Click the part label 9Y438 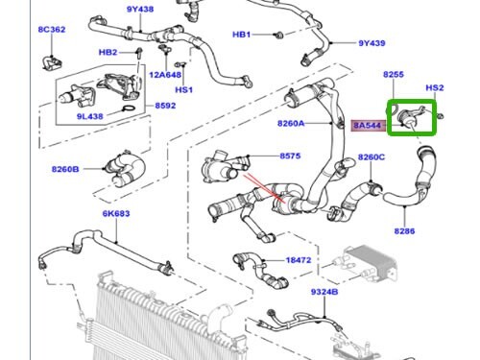[x=139, y=10]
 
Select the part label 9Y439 [x=372, y=43]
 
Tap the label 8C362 [x=51, y=30]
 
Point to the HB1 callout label [x=242, y=35]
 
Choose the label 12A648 [x=164, y=74]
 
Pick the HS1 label [x=183, y=90]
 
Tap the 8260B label [x=68, y=170]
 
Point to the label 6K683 [x=115, y=213]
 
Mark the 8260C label [x=372, y=156]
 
